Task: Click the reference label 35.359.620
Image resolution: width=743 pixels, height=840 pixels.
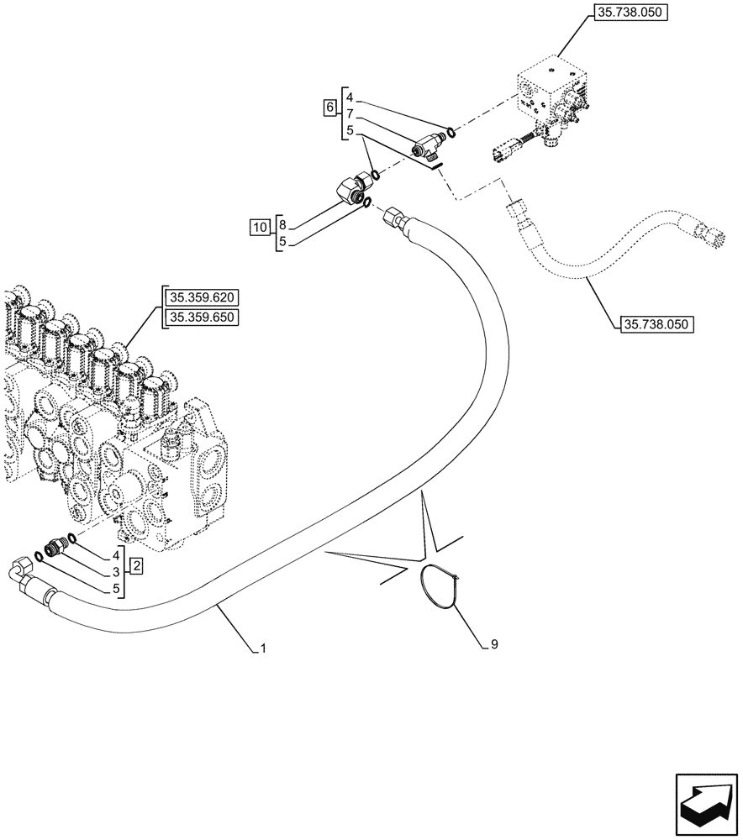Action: tap(203, 297)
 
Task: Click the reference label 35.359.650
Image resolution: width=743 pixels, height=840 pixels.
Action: tap(203, 317)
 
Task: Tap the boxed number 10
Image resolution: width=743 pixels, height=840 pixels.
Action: tap(260, 227)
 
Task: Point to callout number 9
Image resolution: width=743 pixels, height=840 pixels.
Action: tap(494, 644)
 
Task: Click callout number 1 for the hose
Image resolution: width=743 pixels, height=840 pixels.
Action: tap(263, 648)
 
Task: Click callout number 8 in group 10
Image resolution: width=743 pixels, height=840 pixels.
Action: tap(282, 226)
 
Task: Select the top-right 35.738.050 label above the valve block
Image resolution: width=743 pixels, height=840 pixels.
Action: tap(630, 14)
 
